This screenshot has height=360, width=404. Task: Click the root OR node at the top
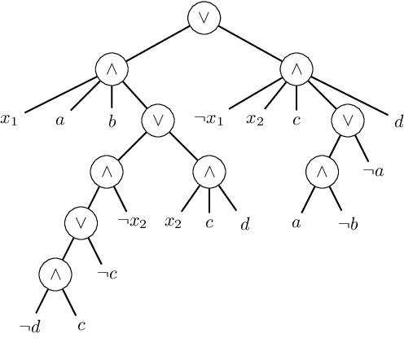click(x=204, y=18)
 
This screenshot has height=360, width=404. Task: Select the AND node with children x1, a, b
click(x=112, y=69)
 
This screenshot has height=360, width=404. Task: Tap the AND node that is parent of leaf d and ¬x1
click(x=296, y=69)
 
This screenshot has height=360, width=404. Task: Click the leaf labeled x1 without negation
click(x=10, y=121)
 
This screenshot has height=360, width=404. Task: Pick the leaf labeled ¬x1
click(x=209, y=121)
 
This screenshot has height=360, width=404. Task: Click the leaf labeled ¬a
click(x=372, y=172)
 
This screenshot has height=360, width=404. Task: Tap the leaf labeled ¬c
click(x=107, y=274)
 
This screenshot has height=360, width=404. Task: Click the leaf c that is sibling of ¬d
click(x=81, y=327)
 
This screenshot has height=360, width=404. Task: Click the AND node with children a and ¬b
click(x=322, y=172)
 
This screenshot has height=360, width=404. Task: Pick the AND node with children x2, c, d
click(x=209, y=172)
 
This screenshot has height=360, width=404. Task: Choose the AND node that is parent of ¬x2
click(x=107, y=172)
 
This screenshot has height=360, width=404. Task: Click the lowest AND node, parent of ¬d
click(x=55, y=274)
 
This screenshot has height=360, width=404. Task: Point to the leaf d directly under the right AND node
click(x=398, y=121)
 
